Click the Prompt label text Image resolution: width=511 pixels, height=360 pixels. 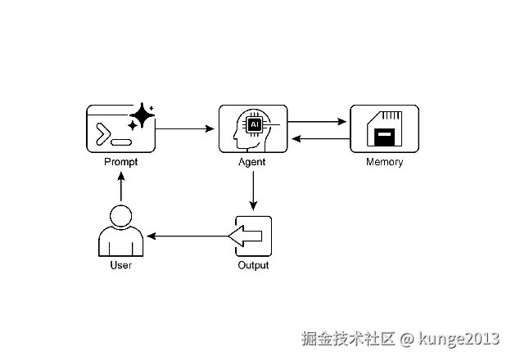121,162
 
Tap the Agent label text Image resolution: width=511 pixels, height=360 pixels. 252,162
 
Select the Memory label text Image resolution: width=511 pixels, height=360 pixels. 385,162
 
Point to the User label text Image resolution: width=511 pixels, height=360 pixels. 121,265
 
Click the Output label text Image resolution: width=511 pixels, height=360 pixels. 253,265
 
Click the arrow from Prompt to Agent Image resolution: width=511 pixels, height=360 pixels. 185,129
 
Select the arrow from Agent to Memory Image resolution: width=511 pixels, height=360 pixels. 317,122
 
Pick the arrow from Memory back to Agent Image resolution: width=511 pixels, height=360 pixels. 321,139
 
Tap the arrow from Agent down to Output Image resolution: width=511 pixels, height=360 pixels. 253,191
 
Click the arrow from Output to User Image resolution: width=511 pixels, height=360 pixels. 188,236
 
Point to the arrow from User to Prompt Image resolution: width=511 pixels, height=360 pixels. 121,187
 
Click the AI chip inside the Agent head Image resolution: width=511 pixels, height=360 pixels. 255,124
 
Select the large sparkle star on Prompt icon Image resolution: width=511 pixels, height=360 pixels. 142,115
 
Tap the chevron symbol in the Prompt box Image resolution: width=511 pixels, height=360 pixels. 103,134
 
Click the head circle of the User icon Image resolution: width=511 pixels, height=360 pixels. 121,216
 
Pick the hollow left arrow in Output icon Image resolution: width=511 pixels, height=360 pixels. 246,236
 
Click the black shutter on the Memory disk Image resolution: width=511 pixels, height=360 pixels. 385,137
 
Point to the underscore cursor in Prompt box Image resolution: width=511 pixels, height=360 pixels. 121,142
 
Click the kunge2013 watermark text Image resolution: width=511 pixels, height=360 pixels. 459,339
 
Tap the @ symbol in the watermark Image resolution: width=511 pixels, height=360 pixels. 407,340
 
